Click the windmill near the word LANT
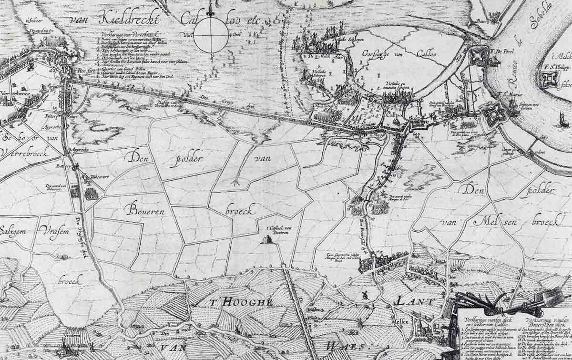point(365,295)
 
